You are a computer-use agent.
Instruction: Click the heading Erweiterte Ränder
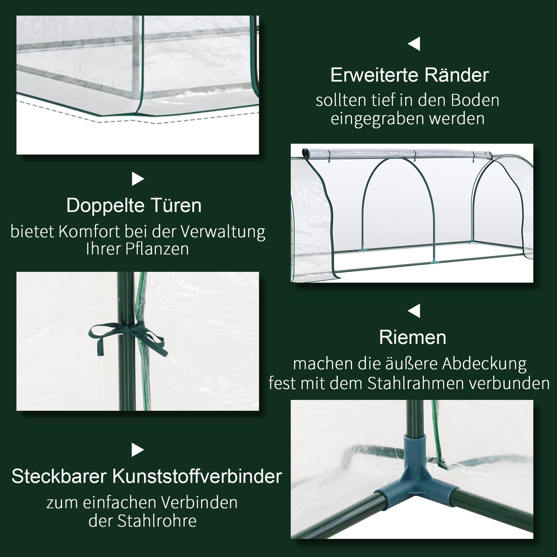[410, 75]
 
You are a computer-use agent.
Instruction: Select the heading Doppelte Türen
[134, 205]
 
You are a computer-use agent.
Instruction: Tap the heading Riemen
[413, 338]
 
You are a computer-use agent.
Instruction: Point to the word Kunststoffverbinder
[197, 476]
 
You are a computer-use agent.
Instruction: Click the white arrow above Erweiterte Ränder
[414, 44]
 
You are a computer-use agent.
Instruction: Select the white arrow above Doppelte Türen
[138, 180]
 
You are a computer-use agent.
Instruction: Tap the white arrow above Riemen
[414, 311]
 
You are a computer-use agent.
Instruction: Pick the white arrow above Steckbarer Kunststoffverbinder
[138, 450]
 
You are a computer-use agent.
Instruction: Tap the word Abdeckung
[484, 364]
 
